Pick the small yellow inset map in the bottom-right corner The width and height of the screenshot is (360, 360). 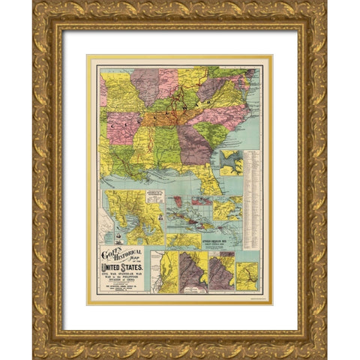pyautogui.click(x=247, y=273)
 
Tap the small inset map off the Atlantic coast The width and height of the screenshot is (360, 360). pyautogui.click(x=232, y=160)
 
